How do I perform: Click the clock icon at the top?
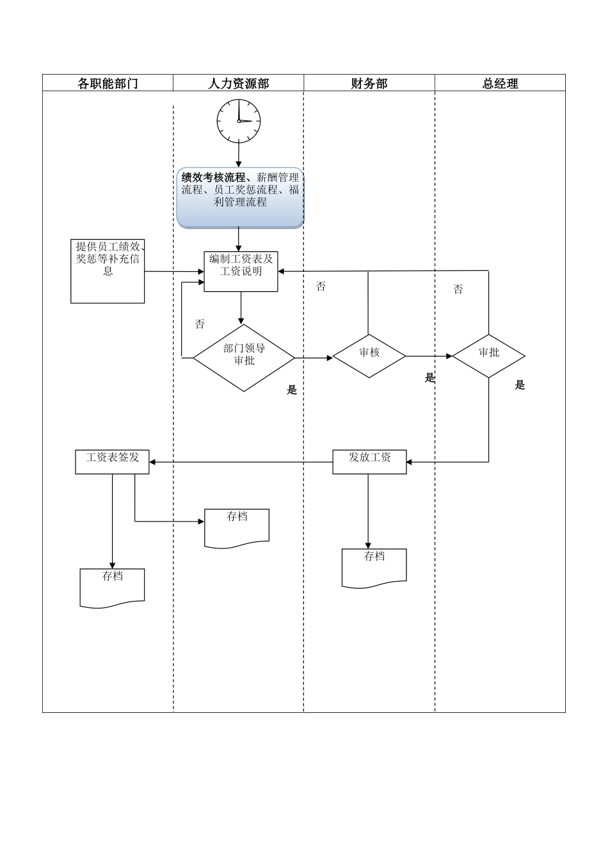239,120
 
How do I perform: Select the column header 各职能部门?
108,83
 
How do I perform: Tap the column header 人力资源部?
239,83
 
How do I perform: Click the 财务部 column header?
369,83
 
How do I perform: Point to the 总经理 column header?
500,83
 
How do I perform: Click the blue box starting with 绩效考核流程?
240,198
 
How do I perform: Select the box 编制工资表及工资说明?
241,271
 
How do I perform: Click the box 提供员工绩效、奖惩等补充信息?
108,271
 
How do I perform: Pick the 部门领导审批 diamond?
244,357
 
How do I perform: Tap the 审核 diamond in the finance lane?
369,355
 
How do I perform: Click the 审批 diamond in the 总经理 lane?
489,355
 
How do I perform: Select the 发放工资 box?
369,461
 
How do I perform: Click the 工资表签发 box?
112,461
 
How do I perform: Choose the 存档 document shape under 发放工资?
374,567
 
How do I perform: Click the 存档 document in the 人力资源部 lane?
237,527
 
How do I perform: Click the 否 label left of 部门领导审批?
200,324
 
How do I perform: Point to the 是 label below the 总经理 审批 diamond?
520,385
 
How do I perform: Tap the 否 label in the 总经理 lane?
458,289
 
